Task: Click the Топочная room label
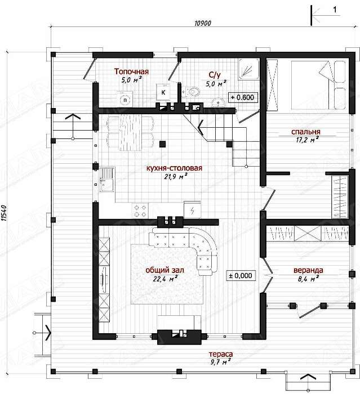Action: pos(131,71)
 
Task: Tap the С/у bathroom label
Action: pos(215,75)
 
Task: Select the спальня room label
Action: pos(306,132)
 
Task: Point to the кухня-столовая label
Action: pos(174,168)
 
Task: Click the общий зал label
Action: pos(165,270)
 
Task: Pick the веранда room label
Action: pos(308,270)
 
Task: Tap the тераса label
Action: pos(221,354)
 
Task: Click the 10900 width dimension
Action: pos(203,24)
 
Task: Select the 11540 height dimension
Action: pos(5,213)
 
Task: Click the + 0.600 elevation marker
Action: pos(243,97)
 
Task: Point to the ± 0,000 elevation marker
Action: pos(241,276)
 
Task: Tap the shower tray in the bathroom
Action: pos(249,70)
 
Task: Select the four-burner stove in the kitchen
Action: pos(140,211)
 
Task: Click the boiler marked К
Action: pos(163,92)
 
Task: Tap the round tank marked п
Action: pos(125,100)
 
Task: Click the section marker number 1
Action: pos(335,10)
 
